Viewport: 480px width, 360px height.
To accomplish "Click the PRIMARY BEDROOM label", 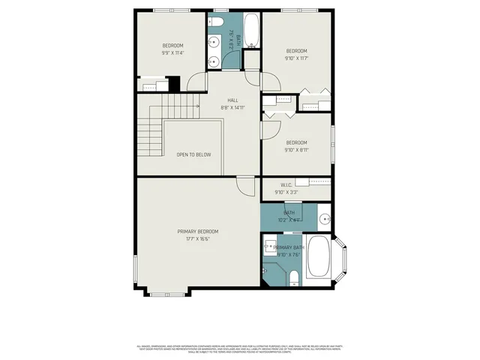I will pos(198,231).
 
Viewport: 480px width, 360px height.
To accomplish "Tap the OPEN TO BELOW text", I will pos(193,154).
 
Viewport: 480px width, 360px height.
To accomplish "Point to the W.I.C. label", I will pos(286,184).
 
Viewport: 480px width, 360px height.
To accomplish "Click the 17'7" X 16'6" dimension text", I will pos(198,238).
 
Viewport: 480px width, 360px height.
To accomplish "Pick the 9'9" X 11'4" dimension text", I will pos(172,52).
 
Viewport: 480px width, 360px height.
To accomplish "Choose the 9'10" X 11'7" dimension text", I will pos(296,58).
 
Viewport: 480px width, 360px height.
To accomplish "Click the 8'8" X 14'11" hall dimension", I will pos(234,107).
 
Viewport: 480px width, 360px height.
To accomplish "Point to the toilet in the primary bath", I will pos(294,280).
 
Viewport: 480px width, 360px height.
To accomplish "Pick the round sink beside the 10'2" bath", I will pos(324,218).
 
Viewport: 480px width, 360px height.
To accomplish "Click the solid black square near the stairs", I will pos(174,84).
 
